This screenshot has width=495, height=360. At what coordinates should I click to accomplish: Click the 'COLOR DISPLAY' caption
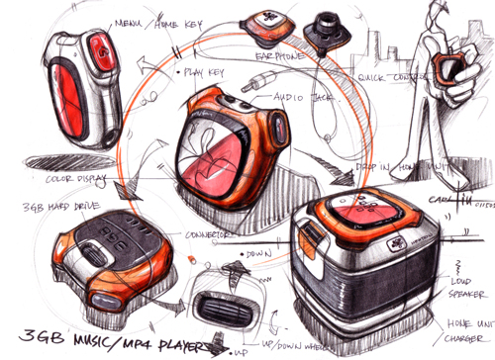point(60,179)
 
